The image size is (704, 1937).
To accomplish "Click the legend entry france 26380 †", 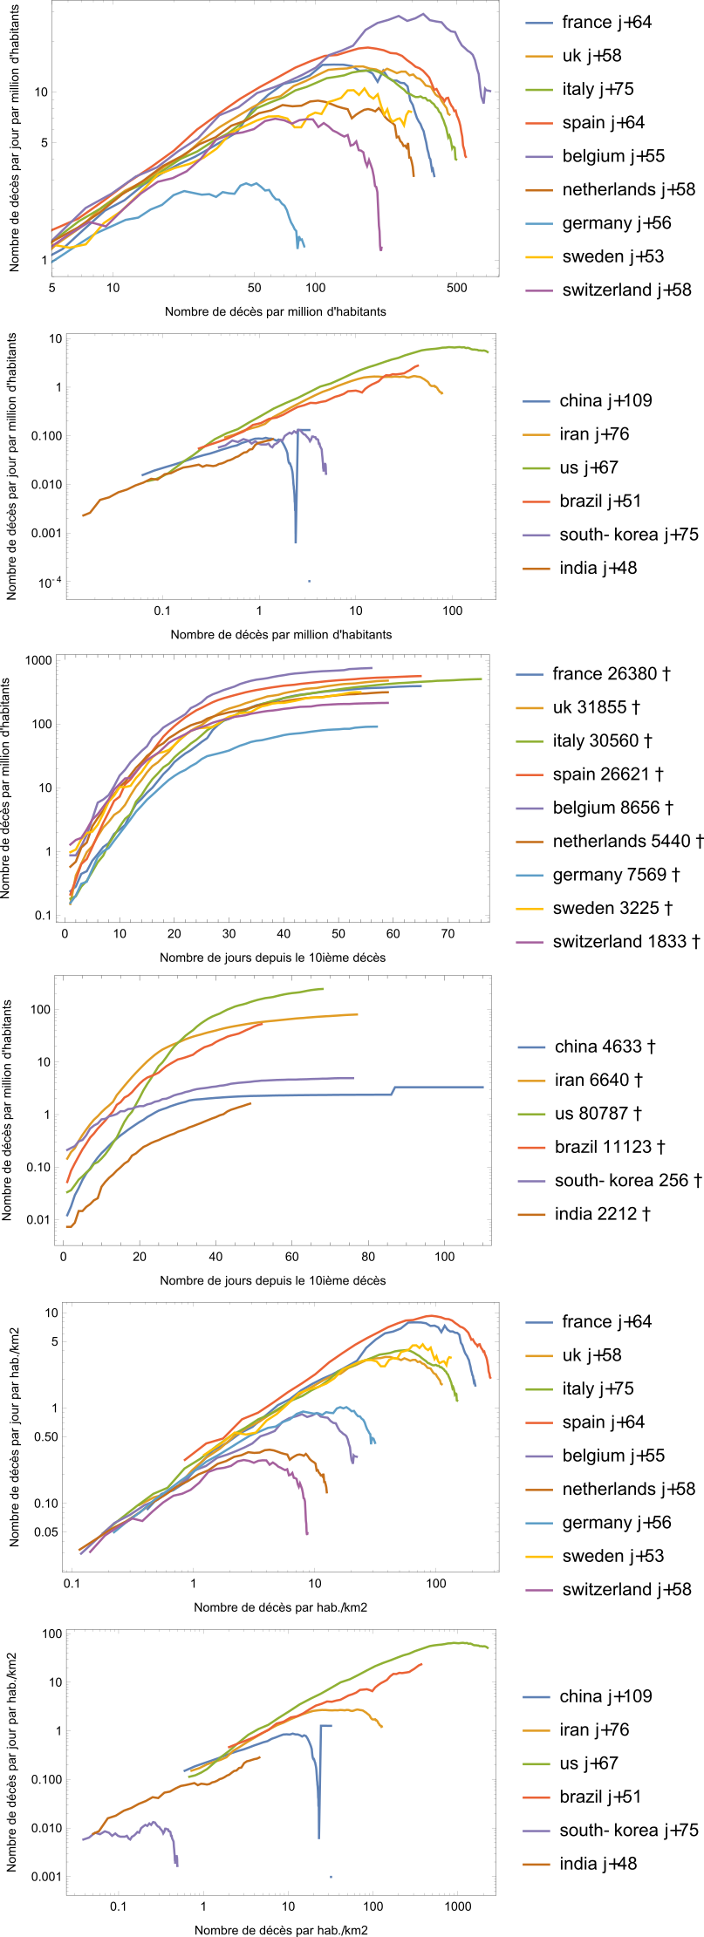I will (611, 673).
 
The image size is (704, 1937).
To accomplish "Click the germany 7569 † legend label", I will (616, 875).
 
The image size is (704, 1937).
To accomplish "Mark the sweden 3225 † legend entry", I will (612, 908).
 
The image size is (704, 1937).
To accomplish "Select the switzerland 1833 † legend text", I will (625, 942).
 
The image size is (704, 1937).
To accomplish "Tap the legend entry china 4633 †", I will (605, 1047).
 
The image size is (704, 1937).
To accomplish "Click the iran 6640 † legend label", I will (598, 1080).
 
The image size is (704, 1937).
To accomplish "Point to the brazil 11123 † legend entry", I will (610, 1147).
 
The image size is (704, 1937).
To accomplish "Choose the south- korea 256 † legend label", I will (627, 1181).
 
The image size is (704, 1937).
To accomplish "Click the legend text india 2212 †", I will (602, 1214).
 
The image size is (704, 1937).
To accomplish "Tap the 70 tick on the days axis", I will (448, 934).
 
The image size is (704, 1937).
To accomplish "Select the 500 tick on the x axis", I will (457, 288).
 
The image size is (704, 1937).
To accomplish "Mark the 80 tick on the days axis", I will (368, 1257).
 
